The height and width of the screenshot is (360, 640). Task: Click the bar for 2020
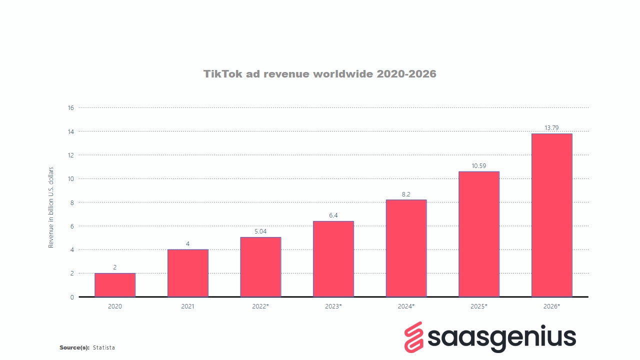(115, 285)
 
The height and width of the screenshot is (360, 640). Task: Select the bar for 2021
(187, 273)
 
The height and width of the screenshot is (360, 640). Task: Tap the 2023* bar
(333, 259)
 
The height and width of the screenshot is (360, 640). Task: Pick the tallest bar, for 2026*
(551, 215)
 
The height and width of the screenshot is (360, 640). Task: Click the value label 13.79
(551, 128)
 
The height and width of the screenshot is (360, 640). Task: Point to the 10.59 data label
(479, 166)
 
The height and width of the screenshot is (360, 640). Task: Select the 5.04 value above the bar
(260, 231)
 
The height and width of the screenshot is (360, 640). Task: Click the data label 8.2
(406, 194)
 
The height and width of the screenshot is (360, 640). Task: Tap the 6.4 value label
(333, 215)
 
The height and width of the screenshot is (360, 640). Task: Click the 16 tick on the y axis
(70, 107)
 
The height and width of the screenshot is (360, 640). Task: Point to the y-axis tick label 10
(70, 179)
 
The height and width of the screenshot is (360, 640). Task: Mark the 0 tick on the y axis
(72, 297)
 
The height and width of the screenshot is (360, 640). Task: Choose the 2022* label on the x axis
(260, 306)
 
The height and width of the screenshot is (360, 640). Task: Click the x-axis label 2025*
(479, 306)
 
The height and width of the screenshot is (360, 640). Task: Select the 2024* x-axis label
(406, 306)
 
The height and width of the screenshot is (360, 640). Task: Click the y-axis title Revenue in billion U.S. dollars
(51, 210)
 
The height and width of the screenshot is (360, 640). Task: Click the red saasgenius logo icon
(414, 337)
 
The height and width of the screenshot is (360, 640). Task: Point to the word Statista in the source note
(104, 347)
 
